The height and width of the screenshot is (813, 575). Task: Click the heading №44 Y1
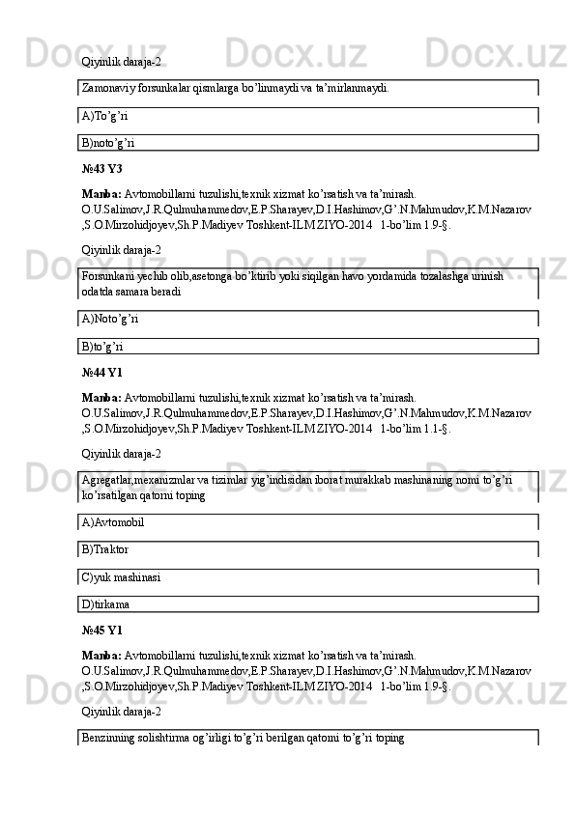102,372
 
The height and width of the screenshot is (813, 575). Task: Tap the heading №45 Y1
102,631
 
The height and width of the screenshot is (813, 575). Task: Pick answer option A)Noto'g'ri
111,319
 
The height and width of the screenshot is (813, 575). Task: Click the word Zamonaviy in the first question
108,87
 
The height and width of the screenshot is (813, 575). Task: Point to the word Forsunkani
108,275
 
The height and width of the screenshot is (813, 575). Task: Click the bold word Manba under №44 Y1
101,397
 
